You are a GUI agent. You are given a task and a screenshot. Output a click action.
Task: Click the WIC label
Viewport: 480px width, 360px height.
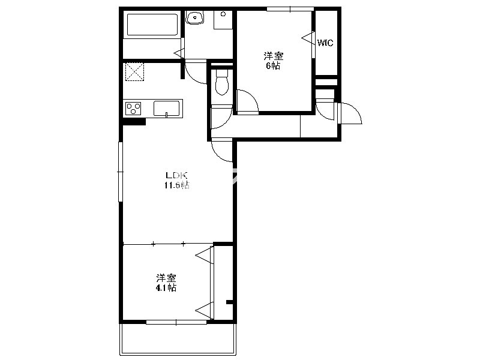(x=325, y=43)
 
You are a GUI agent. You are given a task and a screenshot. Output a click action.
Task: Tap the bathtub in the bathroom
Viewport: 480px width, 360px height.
(x=152, y=25)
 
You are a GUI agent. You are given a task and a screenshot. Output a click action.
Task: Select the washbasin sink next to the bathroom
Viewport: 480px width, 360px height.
(x=194, y=17)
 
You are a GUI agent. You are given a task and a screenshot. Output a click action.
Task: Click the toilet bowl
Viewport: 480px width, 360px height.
(x=222, y=82)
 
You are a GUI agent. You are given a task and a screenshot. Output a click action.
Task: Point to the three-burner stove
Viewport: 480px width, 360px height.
(x=133, y=109)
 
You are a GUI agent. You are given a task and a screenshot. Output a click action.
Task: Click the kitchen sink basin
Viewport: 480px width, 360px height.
(x=167, y=109)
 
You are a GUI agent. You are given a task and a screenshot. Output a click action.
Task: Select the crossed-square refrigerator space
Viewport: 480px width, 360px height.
(x=134, y=71)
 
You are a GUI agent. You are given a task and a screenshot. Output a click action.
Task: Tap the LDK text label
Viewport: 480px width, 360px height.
(x=176, y=175)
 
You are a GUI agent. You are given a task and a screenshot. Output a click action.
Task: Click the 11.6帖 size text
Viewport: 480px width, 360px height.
(x=177, y=185)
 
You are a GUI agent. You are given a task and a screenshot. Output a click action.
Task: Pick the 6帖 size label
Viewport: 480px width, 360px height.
(x=273, y=65)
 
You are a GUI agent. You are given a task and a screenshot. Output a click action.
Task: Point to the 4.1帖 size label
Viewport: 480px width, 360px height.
(x=166, y=288)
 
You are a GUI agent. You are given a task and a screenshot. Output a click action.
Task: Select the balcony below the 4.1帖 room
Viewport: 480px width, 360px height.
(x=178, y=339)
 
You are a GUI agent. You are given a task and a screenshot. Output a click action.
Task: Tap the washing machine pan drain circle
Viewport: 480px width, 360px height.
(x=223, y=14)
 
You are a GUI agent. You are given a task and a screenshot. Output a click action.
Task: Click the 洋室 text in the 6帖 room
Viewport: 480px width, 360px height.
(x=274, y=56)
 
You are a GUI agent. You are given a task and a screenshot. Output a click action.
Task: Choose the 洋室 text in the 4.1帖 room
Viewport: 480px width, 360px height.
(x=166, y=278)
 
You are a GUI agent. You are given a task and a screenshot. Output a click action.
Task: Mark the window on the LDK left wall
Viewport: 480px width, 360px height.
(x=121, y=172)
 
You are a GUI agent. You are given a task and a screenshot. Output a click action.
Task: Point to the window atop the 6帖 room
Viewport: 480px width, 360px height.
(x=289, y=9)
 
